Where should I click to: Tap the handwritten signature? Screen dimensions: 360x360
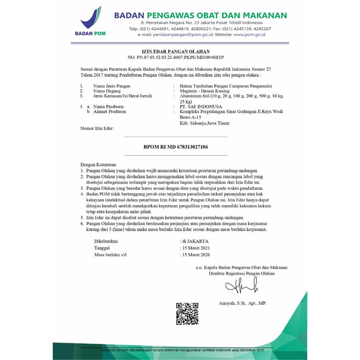point(241,285)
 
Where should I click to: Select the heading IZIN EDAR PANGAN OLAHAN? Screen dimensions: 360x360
point(169,52)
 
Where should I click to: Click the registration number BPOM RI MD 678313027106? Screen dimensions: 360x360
point(176,147)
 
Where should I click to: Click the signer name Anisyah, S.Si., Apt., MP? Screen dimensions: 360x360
point(242,303)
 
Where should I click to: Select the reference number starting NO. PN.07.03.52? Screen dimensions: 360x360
point(169,58)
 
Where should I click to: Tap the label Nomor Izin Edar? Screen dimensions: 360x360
point(97,128)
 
